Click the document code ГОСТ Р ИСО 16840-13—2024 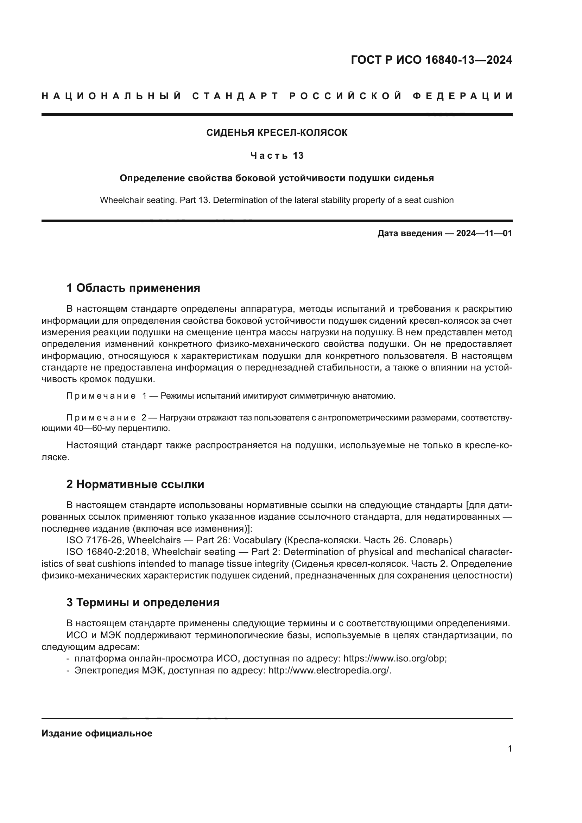coord(431,60)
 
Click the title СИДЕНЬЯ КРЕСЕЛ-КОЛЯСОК coord(277,133)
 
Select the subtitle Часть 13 coord(277,156)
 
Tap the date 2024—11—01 coord(484,234)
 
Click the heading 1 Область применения coord(133,288)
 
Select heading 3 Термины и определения coord(143,602)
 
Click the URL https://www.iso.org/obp coord(394,659)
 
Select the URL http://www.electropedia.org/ coord(329,671)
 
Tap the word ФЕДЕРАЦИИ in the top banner coord(463,96)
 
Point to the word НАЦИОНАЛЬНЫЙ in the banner coord(112,96)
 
